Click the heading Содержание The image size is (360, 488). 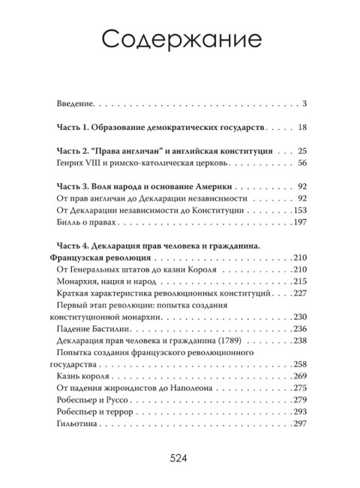pyautogui.click(x=180, y=38)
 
